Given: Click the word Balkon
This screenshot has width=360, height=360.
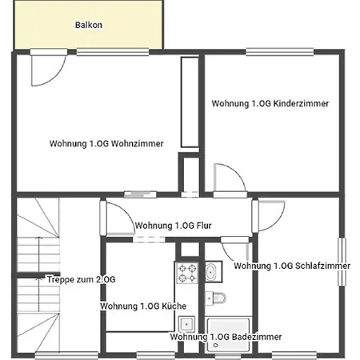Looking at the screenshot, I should pos(88,25).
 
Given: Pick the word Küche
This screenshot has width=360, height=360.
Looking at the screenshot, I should pos(175,306).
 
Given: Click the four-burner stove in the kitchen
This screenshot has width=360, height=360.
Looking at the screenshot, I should pos(187,274).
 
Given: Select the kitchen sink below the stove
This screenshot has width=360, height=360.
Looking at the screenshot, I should pos(187,325).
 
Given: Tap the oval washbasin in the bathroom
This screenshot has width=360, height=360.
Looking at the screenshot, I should pos(210,273).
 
